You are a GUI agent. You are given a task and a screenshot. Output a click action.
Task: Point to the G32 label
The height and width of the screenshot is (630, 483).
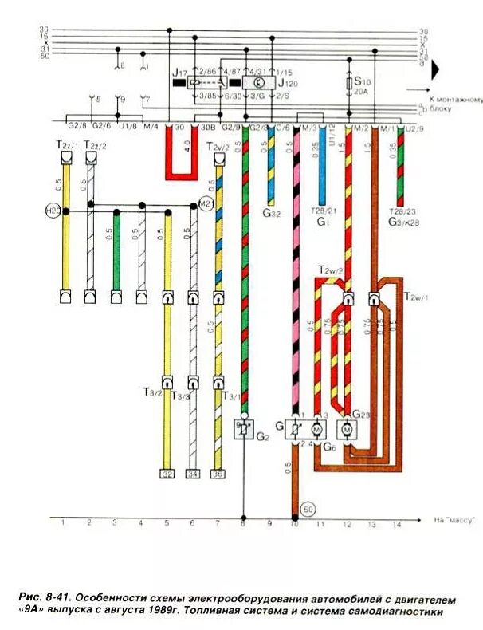(271, 215)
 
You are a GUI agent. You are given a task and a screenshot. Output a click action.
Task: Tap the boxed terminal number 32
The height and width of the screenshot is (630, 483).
(167, 474)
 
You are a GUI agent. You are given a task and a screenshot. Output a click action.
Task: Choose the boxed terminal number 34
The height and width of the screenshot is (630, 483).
(192, 474)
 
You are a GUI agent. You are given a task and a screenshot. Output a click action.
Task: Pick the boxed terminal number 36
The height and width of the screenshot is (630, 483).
(218, 474)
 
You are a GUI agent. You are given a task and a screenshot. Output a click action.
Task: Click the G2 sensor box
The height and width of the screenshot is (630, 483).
(244, 430)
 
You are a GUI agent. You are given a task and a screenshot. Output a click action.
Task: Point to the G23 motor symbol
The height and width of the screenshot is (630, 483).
(348, 430)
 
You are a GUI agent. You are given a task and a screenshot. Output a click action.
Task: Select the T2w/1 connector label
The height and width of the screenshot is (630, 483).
(416, 297)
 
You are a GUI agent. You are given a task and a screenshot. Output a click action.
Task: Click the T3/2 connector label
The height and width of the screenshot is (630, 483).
(153, 392)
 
